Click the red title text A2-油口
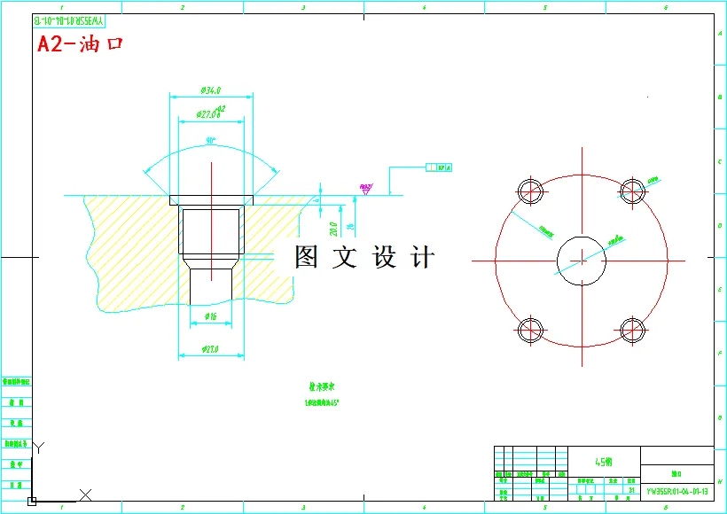(x=79, y=45)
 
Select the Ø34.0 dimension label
(x=211, y=90)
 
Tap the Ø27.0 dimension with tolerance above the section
(x=211, y=112)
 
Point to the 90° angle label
(x=211, y=141)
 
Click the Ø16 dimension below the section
(x=211, y=316)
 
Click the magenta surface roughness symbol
(x=365, y=188)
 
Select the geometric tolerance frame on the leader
(x=439, y=167)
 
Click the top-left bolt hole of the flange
(x=531, y=191)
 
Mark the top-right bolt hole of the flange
(x=632, y=191)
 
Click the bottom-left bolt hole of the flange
(x=531, y=331)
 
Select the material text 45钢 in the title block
(x=603, y=462)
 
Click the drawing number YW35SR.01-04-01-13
(x=676, y=489)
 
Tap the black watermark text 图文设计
(x=365, y=258)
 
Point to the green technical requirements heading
(x=321, y=387)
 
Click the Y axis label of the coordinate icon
(x=39, y=448)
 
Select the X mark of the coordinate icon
(x=85, y=494)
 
